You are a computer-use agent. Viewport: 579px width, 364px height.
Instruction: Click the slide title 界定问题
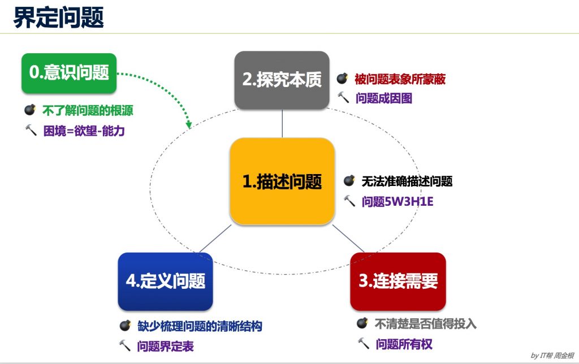[58, 18]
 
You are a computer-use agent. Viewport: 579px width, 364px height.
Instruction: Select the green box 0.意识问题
[69, 73]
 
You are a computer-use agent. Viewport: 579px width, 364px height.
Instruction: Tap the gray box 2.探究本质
[282, 80]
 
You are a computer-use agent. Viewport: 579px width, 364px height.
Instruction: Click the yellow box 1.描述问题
[282, 181]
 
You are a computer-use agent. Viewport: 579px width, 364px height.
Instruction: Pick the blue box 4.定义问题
[166, 281]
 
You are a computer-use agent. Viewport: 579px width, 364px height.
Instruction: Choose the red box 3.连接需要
[398, 281]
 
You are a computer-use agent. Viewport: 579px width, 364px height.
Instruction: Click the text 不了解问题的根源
[88, 110]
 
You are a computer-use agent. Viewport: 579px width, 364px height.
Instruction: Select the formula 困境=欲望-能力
[84, 131]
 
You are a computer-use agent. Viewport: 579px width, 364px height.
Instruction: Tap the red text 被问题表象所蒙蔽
[400, 79]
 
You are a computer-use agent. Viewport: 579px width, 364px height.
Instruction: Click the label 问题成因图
[384, 98]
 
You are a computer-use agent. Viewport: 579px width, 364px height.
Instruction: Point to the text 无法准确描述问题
[407, 181]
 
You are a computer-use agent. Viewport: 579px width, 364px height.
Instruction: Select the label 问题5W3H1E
[397, 202]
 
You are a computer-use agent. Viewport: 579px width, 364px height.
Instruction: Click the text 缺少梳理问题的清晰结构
[200, 326]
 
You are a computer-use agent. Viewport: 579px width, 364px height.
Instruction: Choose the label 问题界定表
[166, 346]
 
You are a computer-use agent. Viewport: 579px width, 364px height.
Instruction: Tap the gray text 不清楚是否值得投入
[425, 324]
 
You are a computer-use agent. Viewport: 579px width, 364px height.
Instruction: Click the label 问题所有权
[404, 344]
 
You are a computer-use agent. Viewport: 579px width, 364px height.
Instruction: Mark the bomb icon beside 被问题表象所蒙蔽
[342, 78]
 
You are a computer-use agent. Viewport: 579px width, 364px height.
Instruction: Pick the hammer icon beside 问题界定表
[125, 345]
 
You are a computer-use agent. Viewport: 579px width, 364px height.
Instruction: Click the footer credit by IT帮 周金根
[552, 356]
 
